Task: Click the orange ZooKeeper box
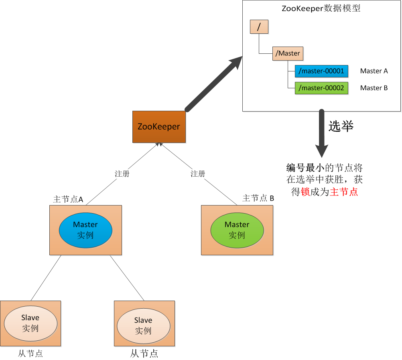point(159,127)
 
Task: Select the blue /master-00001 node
point(321,71)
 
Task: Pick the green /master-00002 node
point(321,88)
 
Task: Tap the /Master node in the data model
point(288,53)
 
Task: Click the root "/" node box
point(259,26)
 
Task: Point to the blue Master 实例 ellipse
point(85,230)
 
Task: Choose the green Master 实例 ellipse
point(237,230)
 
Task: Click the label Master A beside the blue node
point(374,71)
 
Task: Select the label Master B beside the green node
point(374,88)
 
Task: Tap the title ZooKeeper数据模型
point(321,8)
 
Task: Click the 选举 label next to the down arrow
point(341,126)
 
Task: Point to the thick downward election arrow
point(322,133)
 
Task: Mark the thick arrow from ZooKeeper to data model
point(214,84)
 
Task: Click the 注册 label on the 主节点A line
point(122,174)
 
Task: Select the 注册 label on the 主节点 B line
point(198,174)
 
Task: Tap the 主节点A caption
point(68,199)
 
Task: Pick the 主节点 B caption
point(258,198)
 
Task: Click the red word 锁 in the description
point(305,191)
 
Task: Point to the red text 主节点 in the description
point(344,191)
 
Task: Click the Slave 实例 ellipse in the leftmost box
point(30,323)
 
